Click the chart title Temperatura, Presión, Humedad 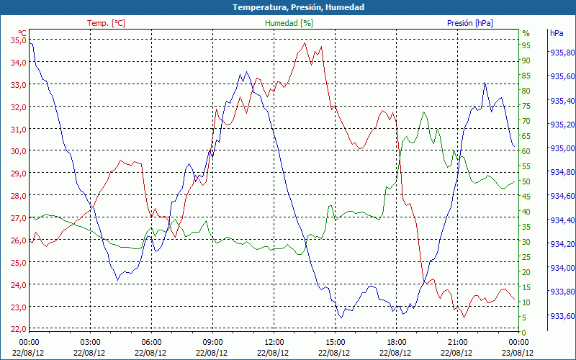click(x=288, y=7)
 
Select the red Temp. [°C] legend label click(x=106, y=23)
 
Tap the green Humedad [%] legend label click(x=289, y=23)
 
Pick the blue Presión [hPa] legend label click(x=470, y=23)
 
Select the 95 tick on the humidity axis click(x=526, y=45)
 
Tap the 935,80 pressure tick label click(x=562, y=53)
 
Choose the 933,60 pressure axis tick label click(x=562, y=316)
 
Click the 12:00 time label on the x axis click(x=274, y=342)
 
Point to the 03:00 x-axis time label click(x=91, y=342)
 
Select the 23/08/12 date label click(x=518, y=353)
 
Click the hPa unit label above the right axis click(x=557, y=33)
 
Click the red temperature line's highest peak click(x=305, y=43)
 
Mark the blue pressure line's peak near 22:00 click(x=485, y=83)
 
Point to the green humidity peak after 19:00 click(x=425, y=112)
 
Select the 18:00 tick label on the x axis click(x=396, y=342)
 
